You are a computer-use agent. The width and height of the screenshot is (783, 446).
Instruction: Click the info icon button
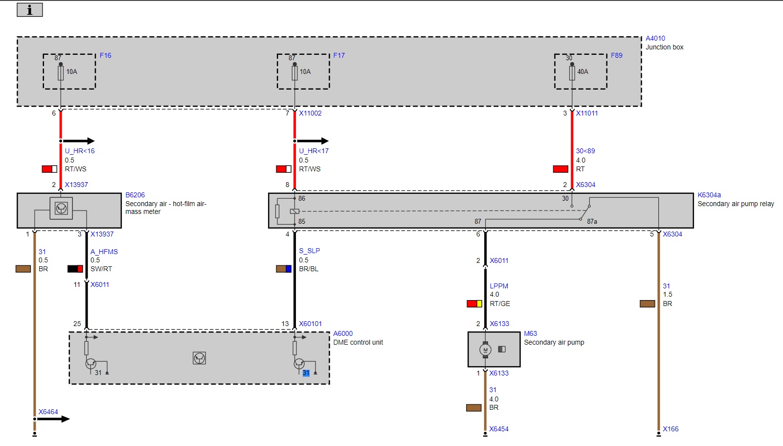pyautogui.click(x=30, y=10)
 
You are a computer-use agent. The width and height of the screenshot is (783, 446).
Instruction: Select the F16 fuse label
pyautogui.click(x=106, y=55)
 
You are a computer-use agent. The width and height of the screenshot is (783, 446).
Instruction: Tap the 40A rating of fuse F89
pyautogui.click(x=582, y=71)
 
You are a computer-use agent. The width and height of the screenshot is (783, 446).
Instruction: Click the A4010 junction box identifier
pyautogui.click(x=655, y=38)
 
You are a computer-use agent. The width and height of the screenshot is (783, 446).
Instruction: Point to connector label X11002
pyautogui.click(x=310, y=113)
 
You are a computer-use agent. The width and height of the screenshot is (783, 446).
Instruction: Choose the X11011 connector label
pyautogui.click(x=587, y=113)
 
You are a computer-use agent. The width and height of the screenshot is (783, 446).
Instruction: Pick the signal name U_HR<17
pyautogui.click(x=313, y=151)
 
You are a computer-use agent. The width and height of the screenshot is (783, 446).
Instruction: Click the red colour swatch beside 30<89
pyautogui.click(x=560, y=169)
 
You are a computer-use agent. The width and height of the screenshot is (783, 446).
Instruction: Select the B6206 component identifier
pyautogui.click(x=135, y=195)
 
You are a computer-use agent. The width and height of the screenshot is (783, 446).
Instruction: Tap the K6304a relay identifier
pyautogui.click(x=709, y=195)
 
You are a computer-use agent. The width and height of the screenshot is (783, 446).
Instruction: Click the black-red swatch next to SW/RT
pyautogui.click(x=75, y=269)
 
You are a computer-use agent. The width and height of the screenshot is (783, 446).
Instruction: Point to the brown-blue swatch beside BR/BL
pyautogui.click(x=284, y=269)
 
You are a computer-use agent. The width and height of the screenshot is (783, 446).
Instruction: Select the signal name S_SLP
pyautogui.click(x=310, y=251)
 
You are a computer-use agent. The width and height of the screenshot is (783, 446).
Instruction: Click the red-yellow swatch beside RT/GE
pyautogui.click(x=474, y=304)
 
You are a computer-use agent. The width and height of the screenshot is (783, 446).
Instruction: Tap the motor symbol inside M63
pyautogui.click(x=485, y=350)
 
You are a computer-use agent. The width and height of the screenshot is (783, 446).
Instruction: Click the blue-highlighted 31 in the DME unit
pyautogui.click(x=306, y=373)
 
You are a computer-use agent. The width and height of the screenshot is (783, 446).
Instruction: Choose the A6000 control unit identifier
pyautogui.click(x=343, y=333)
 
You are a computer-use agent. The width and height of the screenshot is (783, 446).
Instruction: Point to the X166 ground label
pyautogui.click(x=671, y=429)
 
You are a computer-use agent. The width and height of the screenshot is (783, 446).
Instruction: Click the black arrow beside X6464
pyautogui.click(x=52, y=419)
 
